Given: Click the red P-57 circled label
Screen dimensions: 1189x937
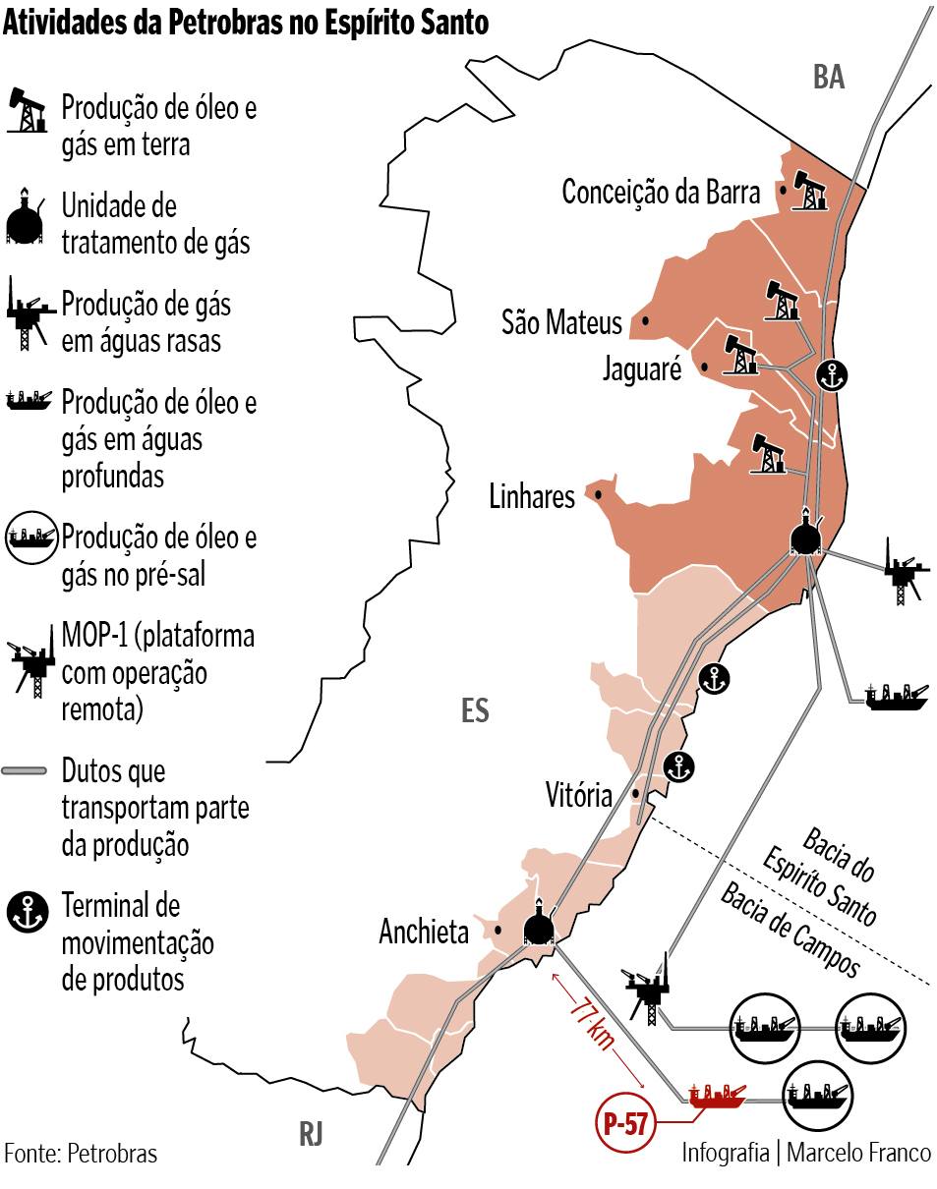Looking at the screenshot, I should point(625,1124).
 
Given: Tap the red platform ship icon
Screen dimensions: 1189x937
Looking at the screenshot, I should point(716,1096).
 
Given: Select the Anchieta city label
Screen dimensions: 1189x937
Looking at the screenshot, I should point(424,932).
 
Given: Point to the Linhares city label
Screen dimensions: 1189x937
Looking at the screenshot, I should point(532,496).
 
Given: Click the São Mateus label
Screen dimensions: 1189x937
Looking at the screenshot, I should point(561,321).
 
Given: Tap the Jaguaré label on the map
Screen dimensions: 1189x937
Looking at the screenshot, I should point(642,368).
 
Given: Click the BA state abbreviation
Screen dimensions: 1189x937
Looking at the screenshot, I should point(829,78).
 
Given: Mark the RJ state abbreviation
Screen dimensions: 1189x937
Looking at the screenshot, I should point(311,1135).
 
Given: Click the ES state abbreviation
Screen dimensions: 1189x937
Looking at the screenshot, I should point(475,710).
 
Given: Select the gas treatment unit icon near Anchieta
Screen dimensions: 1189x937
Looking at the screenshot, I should point(538,926).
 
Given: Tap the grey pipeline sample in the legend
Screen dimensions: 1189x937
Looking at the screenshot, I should point(26,770).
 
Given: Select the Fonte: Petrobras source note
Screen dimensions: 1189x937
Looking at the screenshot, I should point(81,1153).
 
